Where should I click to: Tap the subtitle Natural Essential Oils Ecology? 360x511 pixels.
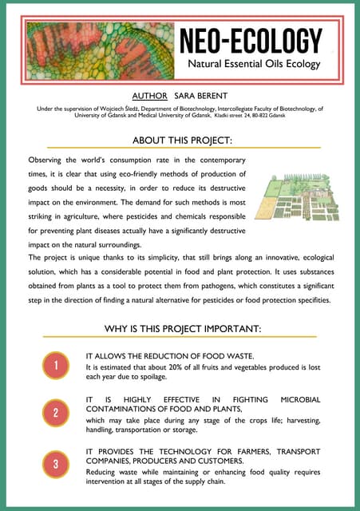point(254,63)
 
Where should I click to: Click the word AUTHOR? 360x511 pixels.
point(157,94)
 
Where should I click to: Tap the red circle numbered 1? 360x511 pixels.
point(56,366)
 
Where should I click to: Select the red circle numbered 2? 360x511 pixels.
point(56,414)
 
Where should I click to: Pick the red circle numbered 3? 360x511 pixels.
point(56,463)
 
